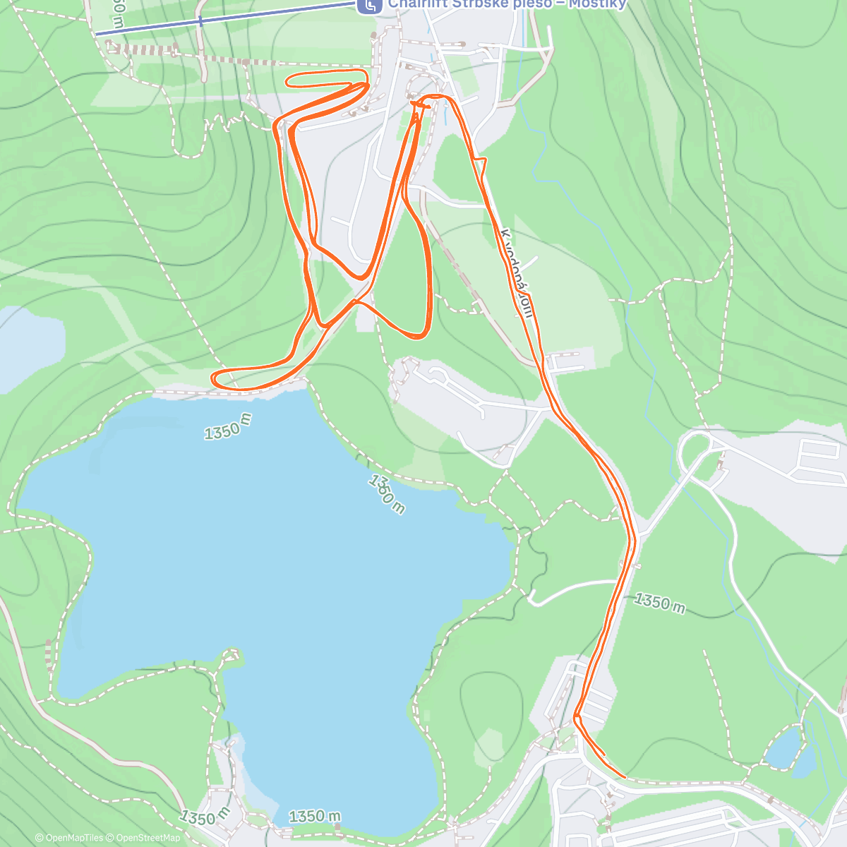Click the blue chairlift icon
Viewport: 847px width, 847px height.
[368, 6]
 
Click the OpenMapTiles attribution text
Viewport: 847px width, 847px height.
[69, 838]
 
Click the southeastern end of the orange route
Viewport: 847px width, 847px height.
[625, 776]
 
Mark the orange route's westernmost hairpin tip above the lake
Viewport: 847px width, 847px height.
[214, 378]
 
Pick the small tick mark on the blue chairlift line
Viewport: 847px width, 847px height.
[200, 21]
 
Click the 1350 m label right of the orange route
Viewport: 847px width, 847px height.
[659, 603]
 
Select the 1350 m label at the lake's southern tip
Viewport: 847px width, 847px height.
[315, 817]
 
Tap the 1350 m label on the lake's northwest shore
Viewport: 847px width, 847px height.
[228, 426]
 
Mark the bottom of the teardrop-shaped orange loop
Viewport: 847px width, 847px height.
[416, 334]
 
